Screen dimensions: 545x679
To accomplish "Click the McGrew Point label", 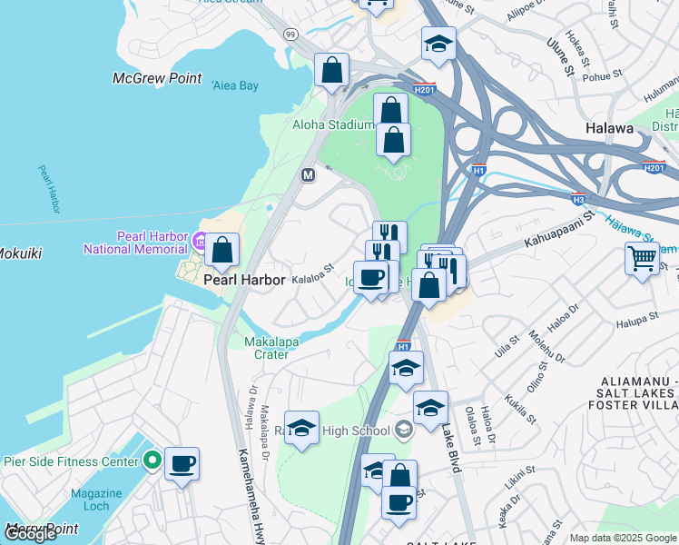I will pos(157,79).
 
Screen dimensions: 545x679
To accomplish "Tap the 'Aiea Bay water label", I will pos(235,85).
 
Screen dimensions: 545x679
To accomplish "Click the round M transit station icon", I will pos(308,174).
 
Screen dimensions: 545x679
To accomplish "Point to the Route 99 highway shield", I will pos(290,35).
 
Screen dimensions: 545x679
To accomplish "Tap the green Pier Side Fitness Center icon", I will pos(153,460).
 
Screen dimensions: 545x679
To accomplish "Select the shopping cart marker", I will pos(642,259).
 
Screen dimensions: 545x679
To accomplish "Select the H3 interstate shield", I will pos(578,198).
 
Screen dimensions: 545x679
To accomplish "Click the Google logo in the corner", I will pos(30,534).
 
